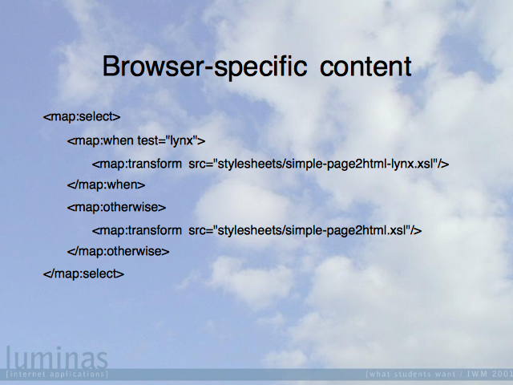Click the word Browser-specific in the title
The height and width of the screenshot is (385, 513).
point(205,67)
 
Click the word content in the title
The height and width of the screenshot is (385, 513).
point(366,67)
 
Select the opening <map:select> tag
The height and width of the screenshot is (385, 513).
point(82,116)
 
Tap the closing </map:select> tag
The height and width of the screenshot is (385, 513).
point(83,274)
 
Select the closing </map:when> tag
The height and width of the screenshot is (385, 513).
point(106,185)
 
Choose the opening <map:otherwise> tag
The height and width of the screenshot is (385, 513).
point(116,207)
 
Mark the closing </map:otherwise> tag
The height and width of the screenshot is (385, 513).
point(118,251)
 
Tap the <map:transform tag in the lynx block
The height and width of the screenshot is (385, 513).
point(137,164)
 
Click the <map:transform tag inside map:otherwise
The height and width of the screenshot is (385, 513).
point(137,230)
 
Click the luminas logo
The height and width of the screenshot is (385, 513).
point(57,359)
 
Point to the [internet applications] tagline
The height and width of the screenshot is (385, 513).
point(57,374)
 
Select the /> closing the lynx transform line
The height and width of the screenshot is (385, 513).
point(443,164)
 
